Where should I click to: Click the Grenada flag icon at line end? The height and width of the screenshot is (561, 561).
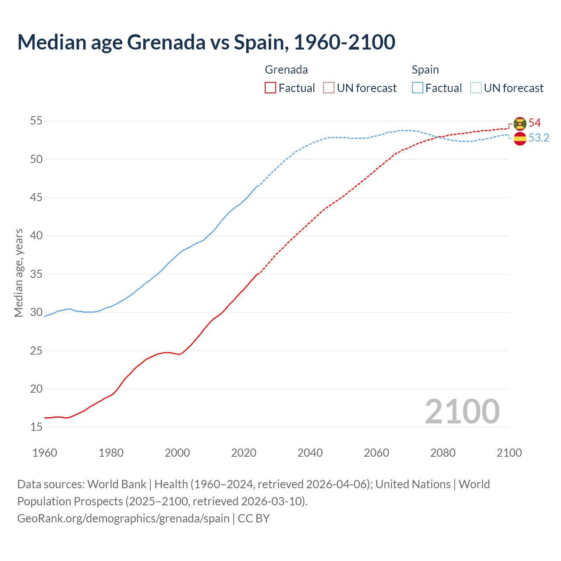coord(520,124)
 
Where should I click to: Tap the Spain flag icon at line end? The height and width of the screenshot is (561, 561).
coord(520,138)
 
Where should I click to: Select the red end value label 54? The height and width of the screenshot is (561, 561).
coord(535,123)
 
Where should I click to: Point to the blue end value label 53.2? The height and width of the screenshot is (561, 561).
coord(539,138)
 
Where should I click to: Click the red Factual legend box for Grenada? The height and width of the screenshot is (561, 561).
coord(270,88)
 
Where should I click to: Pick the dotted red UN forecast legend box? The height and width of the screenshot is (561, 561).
coord(329,88)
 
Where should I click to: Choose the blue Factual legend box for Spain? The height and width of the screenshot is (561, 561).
coord(418,88)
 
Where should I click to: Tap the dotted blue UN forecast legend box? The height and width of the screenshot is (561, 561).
coord(476,88)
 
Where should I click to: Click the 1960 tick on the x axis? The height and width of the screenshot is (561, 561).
coord(45,453)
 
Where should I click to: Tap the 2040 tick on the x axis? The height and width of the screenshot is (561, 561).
coord(310,453)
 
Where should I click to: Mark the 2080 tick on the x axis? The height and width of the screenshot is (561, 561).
coord(443,453)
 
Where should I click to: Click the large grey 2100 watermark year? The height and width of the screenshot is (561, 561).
coord(462,412)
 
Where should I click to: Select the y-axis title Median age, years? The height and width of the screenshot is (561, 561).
coord(18,273)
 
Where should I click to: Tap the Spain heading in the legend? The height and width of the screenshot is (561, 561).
coord(425,70)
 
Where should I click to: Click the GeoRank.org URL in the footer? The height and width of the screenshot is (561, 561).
coord(123,518)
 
